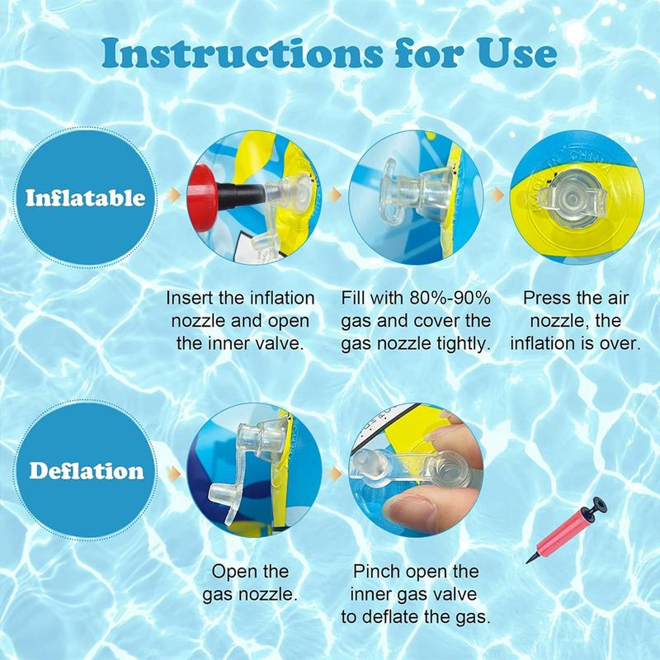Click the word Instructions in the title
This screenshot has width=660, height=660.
[242, 54]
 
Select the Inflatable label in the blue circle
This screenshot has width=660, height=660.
[86, 198]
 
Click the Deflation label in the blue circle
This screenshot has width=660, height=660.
[87, 470]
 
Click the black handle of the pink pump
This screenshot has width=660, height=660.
[596, 505]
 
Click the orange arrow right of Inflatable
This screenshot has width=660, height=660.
[173, 195]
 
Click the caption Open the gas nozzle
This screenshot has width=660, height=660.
[250, 583]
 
